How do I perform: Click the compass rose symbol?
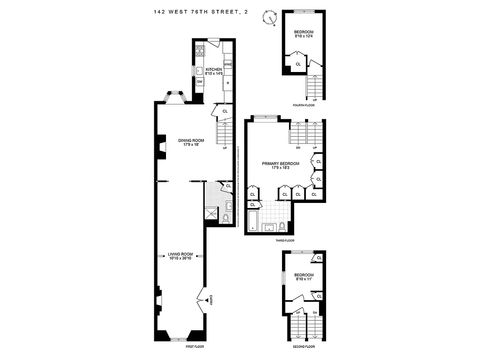[270, 18]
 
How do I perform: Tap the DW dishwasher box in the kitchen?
[199, 81]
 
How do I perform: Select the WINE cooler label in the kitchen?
[228, 65]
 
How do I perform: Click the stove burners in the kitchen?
[200, 50]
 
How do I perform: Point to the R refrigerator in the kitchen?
[228, 83]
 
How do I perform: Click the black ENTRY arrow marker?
[207, 300]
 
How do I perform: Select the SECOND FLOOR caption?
[304, 347]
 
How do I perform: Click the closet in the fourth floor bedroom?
[298, 64]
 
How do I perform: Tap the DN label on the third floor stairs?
[298, 148]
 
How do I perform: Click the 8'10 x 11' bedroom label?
[304, 277]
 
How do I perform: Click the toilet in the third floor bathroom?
[282, 226]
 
